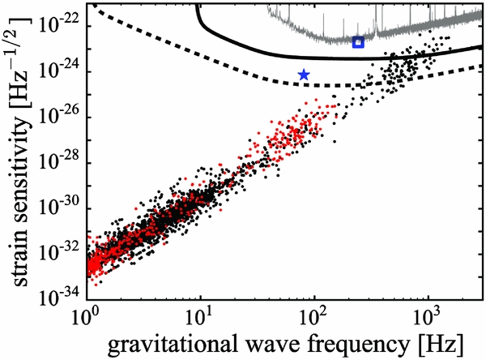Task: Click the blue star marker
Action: [304, 75]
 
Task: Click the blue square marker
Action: [359, 41]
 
